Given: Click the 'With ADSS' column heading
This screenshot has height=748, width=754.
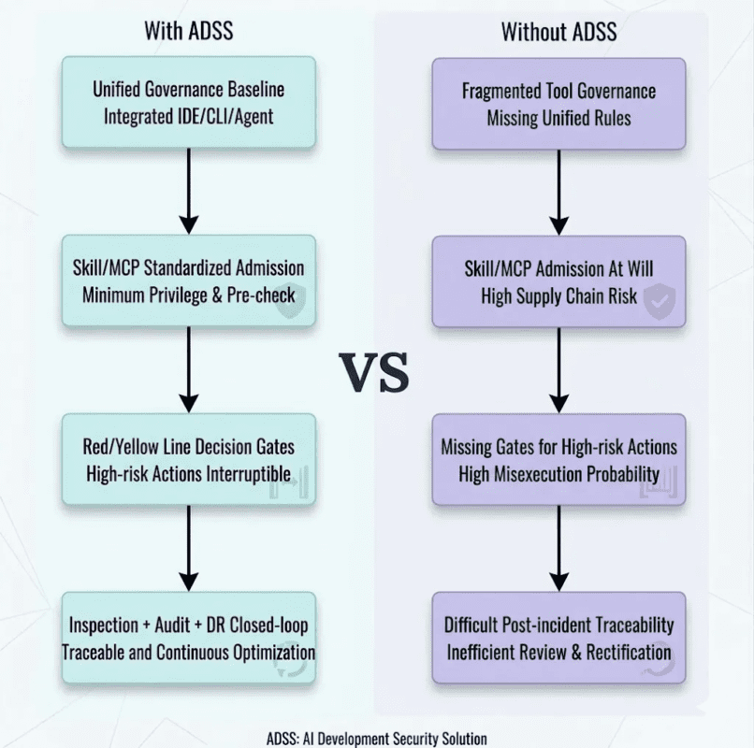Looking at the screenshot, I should (x=188, y=30).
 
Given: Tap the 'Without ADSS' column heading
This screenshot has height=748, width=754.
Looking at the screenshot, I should (x=558, y=30).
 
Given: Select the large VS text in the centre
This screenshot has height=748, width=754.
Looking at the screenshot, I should (x=373, y=371).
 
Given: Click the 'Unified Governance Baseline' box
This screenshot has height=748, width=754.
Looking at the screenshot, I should (x=188, y=103).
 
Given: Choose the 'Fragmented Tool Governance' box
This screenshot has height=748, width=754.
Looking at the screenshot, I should (x=558, y=103).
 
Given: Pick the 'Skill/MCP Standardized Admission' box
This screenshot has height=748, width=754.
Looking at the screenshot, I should (x=188, y=280).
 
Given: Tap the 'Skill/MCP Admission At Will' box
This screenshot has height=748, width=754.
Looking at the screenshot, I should (x=558, y=280).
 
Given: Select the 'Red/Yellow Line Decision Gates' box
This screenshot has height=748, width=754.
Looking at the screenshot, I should (x=188, y=459).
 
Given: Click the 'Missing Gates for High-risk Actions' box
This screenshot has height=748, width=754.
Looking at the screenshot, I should (x=558, y=459).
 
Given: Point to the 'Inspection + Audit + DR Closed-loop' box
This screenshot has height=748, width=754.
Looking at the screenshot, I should (x=188, y=637).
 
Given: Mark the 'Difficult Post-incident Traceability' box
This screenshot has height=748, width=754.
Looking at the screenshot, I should (x=558, y=637).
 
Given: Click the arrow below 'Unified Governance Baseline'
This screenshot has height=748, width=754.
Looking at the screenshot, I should (x=188, y=192).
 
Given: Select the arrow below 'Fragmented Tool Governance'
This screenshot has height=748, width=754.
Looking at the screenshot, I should (x=558, y=192).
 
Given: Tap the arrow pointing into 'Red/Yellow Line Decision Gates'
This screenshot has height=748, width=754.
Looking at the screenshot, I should (x=188, y=369).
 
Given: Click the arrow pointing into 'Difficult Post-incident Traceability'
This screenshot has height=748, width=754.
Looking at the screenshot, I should (x=558, y=548).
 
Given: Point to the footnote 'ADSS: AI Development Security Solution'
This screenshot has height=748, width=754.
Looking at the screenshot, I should (x=376, y=738).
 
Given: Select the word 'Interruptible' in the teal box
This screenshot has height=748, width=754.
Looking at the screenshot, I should (x=246, y=473).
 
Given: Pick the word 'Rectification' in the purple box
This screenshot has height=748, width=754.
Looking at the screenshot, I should (x=625, y=652).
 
